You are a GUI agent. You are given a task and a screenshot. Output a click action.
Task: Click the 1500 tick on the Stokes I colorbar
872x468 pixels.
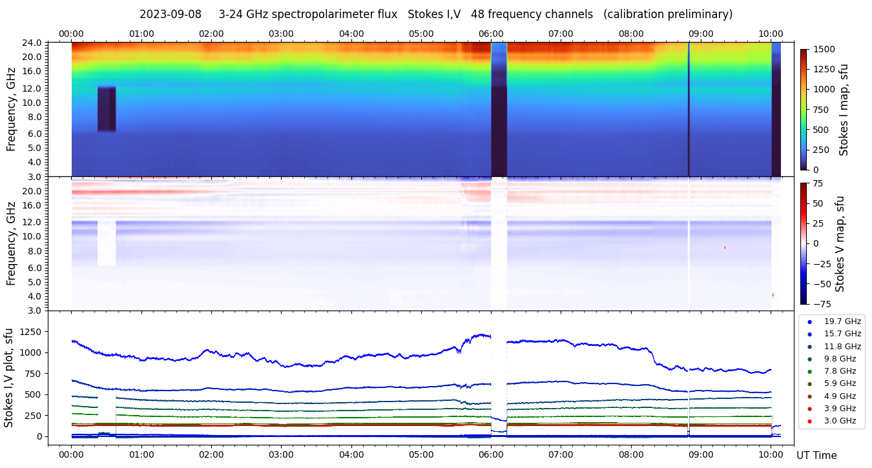(824, 49)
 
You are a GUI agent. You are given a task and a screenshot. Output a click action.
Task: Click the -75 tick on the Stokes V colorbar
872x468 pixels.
(821, 303)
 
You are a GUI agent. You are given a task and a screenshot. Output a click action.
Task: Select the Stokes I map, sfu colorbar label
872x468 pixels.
(844, 109)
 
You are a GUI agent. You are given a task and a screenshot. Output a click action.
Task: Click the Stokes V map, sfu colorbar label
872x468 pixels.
(840, 243)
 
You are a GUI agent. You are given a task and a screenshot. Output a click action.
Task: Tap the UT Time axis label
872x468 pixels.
(816, 456)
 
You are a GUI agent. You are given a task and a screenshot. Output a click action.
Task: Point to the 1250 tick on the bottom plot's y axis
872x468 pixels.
(30, 332)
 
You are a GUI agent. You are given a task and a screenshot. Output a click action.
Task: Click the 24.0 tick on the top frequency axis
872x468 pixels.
(33, 43)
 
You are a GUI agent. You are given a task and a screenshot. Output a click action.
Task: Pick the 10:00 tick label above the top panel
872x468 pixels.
(771, 34)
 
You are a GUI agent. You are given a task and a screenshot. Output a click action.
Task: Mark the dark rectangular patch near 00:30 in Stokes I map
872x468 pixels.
(107, 108)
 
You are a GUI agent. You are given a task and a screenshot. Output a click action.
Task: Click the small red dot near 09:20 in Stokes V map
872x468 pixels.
(725, 247)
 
